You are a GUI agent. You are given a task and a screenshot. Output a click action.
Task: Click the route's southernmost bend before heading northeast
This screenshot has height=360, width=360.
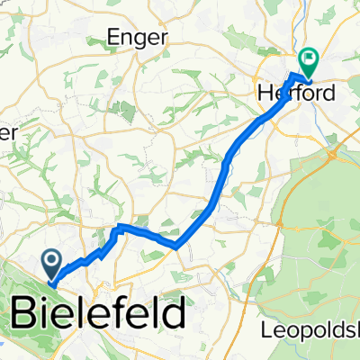tap(175, 244)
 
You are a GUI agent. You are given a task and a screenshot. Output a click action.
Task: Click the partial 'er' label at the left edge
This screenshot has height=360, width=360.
tap(8, 132)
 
